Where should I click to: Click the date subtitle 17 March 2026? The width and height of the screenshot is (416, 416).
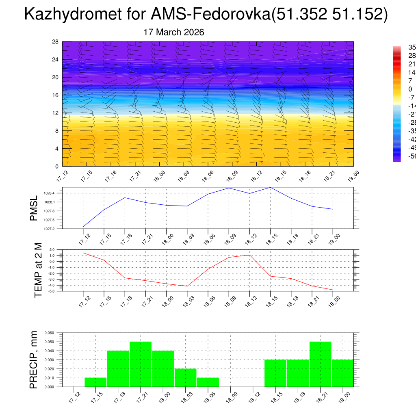pyautogui.click(x=174, y=32)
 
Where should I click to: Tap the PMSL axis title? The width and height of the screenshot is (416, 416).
pyautogui.click(x=34, y=208)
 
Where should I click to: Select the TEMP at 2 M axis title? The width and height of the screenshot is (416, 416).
pyautogui.click(x=38, y=270)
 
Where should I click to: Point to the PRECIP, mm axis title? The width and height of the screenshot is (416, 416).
pyautogui.click(x=34, y=360)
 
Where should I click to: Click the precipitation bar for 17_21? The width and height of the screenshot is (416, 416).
pyautogui.click(x=141, y=364)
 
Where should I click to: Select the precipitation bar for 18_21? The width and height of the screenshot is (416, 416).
pyautogui.click(x=320, y=364)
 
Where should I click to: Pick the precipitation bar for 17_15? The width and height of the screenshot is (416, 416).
pyautogui.click(x=95, y=382)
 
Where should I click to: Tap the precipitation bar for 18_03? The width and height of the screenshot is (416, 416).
pyautogui.click(x=185, y=378)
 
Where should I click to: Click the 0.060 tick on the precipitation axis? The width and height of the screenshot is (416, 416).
pyautogui.click(x=49, y=333)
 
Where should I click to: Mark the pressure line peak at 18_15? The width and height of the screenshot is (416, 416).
pyautogui.click(x=271, y=187)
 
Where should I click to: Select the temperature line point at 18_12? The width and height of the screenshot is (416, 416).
pyautogui.click(x=249, y=255)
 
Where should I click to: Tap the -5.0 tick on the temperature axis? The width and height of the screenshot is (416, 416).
pyautogui.click(x=52, y=291)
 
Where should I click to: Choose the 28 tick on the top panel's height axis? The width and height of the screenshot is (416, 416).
pyautogui.click(x=56, y=42)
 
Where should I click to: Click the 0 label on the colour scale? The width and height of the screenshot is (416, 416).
pyautogui.click(x=410, y=89)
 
